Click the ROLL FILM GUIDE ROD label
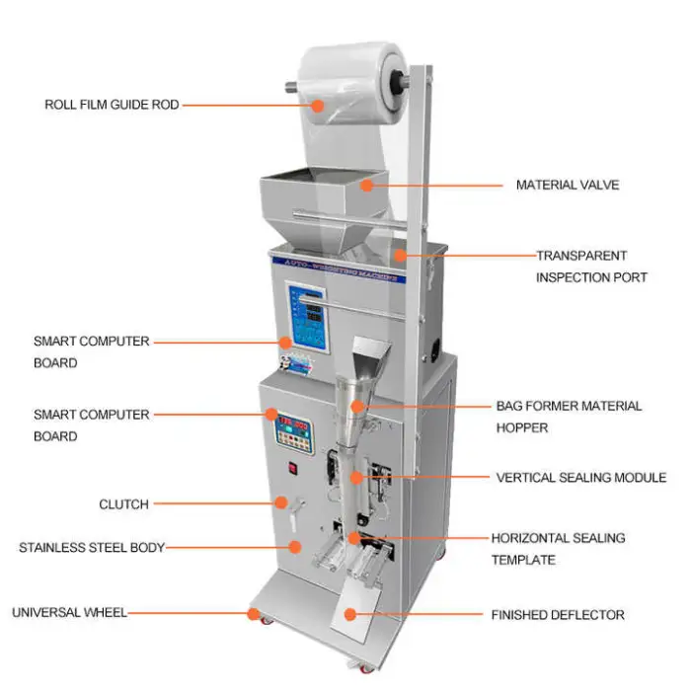point(112,104)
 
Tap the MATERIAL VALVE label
point(568,185)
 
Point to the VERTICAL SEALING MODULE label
point(580,478)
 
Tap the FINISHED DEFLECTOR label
point(558,615)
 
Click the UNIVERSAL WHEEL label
point(69,613)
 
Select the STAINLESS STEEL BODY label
point(92,547)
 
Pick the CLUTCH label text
point(123,504)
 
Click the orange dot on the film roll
point(318,104)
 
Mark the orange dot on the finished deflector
point(349,614)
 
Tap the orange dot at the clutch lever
point(281,503)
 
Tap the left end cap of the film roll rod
point(294,86)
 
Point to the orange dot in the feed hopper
point(366,183)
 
